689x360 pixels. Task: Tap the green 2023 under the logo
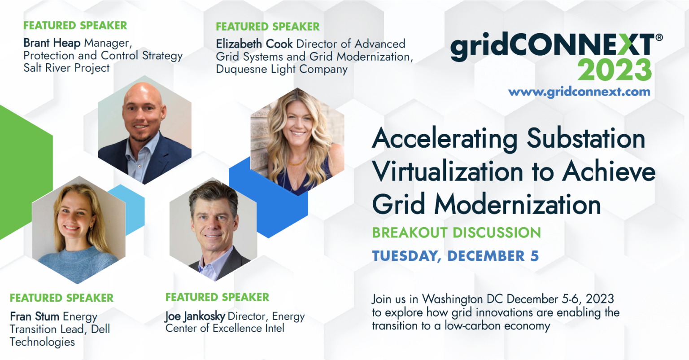(614, 70)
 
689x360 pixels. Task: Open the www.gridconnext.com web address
(579, 92)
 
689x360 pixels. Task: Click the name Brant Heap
(52, 43)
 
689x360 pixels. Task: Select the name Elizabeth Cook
(254, 44)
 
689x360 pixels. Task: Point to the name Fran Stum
(35, 316)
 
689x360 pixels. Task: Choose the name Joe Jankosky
(195, 316)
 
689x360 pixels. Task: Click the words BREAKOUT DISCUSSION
(457, 233)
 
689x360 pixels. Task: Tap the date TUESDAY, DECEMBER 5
(456, 256)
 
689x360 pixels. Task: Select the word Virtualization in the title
(448, 171)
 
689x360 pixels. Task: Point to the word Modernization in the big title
(517, 204)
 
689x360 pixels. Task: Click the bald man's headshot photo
(144, 130)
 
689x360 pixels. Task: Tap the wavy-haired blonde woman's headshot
(297, 141)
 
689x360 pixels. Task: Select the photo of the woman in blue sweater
(79, 230)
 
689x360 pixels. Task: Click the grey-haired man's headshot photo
(213, 229)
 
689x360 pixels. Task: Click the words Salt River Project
(66, 68)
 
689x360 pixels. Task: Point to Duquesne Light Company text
(282, 69)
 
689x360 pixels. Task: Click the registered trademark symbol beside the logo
(659, 38)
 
